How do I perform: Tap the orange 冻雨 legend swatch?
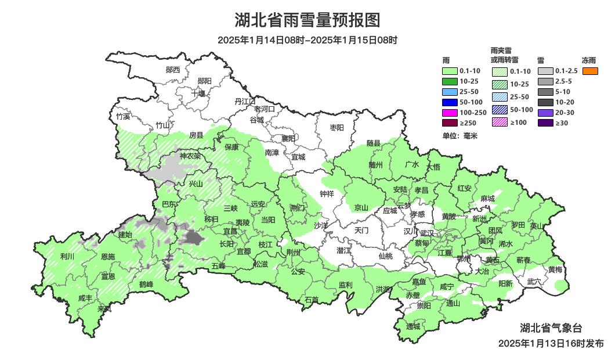(x=590, y=71)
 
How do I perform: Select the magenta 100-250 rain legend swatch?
(x=450, y=112)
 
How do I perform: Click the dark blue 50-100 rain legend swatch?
(x=450, y=102)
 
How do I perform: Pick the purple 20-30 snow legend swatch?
(x=545, y=112)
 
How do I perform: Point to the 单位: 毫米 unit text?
(x=460, y=136)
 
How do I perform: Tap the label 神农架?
(x=190, y=156)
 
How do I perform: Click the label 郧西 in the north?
(x=173, y=70)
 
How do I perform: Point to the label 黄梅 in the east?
(x=555, y=269)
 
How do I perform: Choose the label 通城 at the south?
(x=413, y=326)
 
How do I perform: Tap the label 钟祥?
(x=327, y=194)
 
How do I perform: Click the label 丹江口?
(x=245, y=101)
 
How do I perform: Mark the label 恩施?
(x=108, y=256)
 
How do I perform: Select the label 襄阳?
(x=288, y=138)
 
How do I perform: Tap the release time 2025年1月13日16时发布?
(x=551, y=343)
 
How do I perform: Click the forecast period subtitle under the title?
(x=307, y=40)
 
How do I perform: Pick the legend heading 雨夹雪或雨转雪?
(x=504, y=55)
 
